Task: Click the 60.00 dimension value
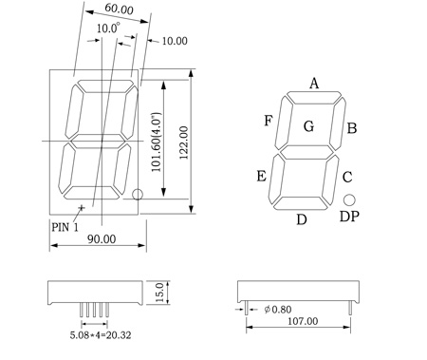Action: pos(119,9)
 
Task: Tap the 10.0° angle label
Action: pos(108,28)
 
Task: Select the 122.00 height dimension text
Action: pos(184,142)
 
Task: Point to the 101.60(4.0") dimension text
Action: pos(157,142)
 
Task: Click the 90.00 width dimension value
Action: pos(102,239)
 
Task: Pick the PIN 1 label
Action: pos(65,227)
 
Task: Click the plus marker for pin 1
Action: pos(82,208)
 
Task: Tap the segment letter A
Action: pos(314,84)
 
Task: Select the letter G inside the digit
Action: pos(309,126)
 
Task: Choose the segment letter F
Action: pos(269,121)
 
